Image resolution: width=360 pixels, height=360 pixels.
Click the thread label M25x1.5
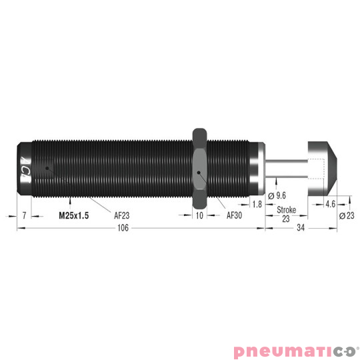(x=73, y=216)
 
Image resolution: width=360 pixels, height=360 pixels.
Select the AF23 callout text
(x=123, y=216)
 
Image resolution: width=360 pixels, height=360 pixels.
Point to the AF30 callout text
(x=235, y=216)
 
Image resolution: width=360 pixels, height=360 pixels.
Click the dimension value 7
(x=24, y=216)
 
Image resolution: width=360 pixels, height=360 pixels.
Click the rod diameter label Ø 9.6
(x=276, y=196)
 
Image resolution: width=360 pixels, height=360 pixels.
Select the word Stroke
(x=287, y=210)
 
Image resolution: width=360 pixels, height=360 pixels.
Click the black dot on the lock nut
(x=200, y=175)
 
